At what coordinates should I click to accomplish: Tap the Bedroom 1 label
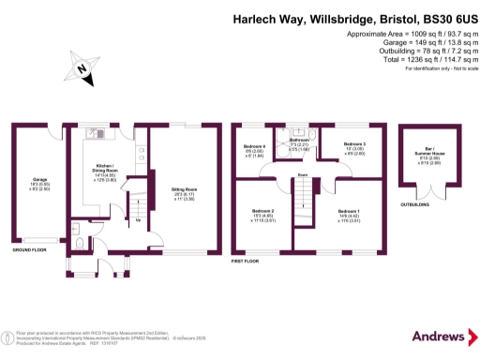click(x=348, y=215)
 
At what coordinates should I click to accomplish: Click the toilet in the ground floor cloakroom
click(x=79, y=226)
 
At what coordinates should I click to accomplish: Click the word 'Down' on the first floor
click(x=302, y=174)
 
